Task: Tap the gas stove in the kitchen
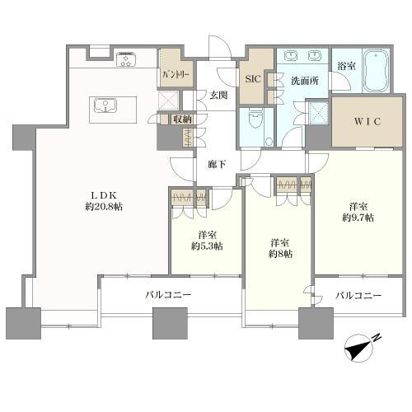pyautogui.click(x=126, y=60)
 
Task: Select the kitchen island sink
pyautogui.click(x=105, y=105)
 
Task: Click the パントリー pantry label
pyautogui.click(x=176, y=74)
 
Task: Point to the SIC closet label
pyautogui.click(x=253, y=79)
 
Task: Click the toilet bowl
pyautogui.click(x=256, y=119)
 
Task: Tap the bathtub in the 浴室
pyautogui.click(x=377, y=71)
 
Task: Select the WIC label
pyautogui.click(x=368, y=121)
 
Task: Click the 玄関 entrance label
pyautogui.click(x=218, y=95)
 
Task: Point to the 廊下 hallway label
pyautogui.click(x=217, y=164)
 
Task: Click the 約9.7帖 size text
pyautogui.click(x=358, y=218)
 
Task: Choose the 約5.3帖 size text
pyautogui.click(x=207, y=246)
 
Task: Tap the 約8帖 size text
pyautogui.click(x=280, y=254)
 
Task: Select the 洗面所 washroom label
pyautogui.click(x=305, y=81)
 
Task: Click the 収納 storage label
pyautogui.click(x=182, y=119)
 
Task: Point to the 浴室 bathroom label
pyautogui.click(x=347, y=66)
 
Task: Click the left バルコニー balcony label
pyautogui.click(x=168, y=295)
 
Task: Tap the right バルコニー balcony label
pyautogui.click(x=358, y=296)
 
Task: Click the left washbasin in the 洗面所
pyautogui.click(x=289, y=56)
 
